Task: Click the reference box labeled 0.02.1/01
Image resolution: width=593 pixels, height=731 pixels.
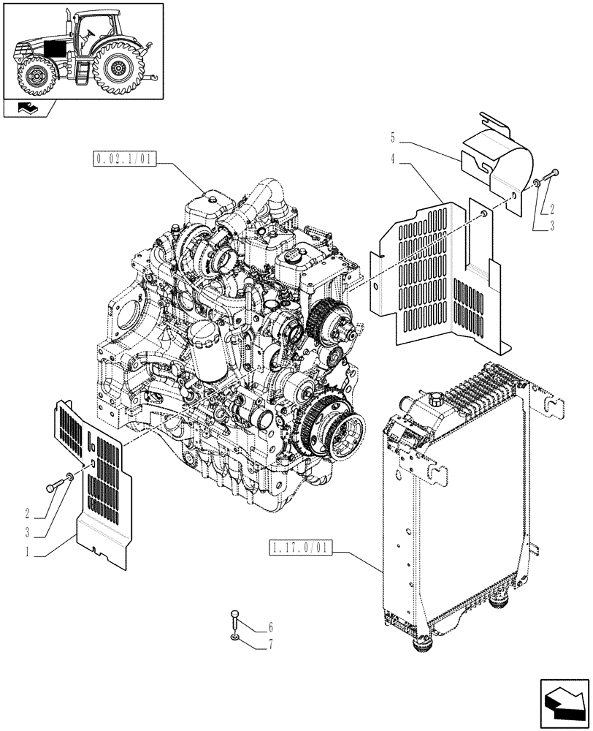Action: click(x=124, y=159)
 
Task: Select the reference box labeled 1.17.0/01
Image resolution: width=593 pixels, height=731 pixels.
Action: click(x=300, y=548)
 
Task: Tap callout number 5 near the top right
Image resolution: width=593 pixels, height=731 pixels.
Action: click(x=392, y=137)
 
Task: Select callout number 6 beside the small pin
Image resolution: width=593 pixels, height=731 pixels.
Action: click(x=270, y=627)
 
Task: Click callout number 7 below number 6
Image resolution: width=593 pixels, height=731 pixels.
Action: click(x=270, y=644)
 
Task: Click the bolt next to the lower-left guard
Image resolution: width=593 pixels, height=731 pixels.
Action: click(x=55, y=485)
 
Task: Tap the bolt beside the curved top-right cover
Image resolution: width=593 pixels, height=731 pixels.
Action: click(x=551, y=174)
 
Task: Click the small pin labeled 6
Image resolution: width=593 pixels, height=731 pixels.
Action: click(x=234, y=620)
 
